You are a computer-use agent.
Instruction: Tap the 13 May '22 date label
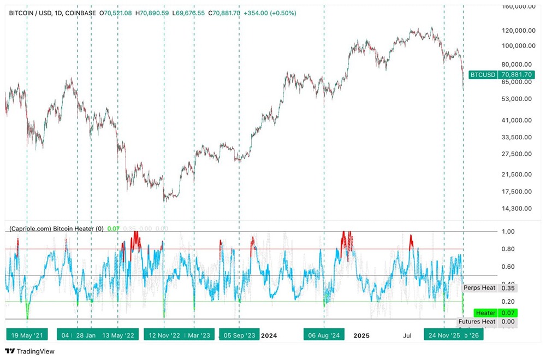(118, 335)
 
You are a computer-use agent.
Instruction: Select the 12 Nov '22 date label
(164, 335)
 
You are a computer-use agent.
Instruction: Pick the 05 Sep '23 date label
(239, 335)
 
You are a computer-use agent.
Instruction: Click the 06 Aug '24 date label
(324, 335)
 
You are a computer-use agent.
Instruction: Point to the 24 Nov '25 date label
(444, 335)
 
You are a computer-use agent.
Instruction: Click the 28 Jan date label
(86, 335)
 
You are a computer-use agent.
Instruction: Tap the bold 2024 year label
(269, 335)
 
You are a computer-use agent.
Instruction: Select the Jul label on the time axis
(407, 335)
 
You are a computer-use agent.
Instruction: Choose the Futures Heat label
(477, 322)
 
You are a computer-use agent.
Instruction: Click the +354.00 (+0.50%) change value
(269, 13)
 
